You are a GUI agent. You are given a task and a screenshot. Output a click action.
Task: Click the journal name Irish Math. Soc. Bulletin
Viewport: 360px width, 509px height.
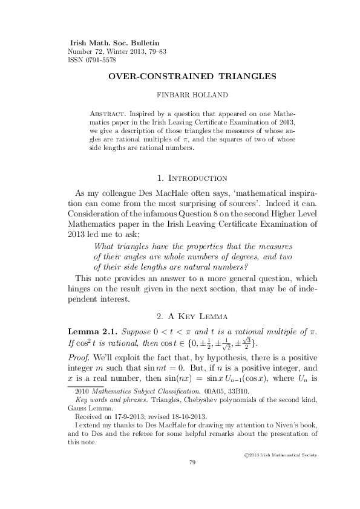pyautogui.click(x=114, y=44)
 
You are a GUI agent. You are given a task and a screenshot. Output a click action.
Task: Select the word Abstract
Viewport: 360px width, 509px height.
pyautogui.click(x=107, y=113)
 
